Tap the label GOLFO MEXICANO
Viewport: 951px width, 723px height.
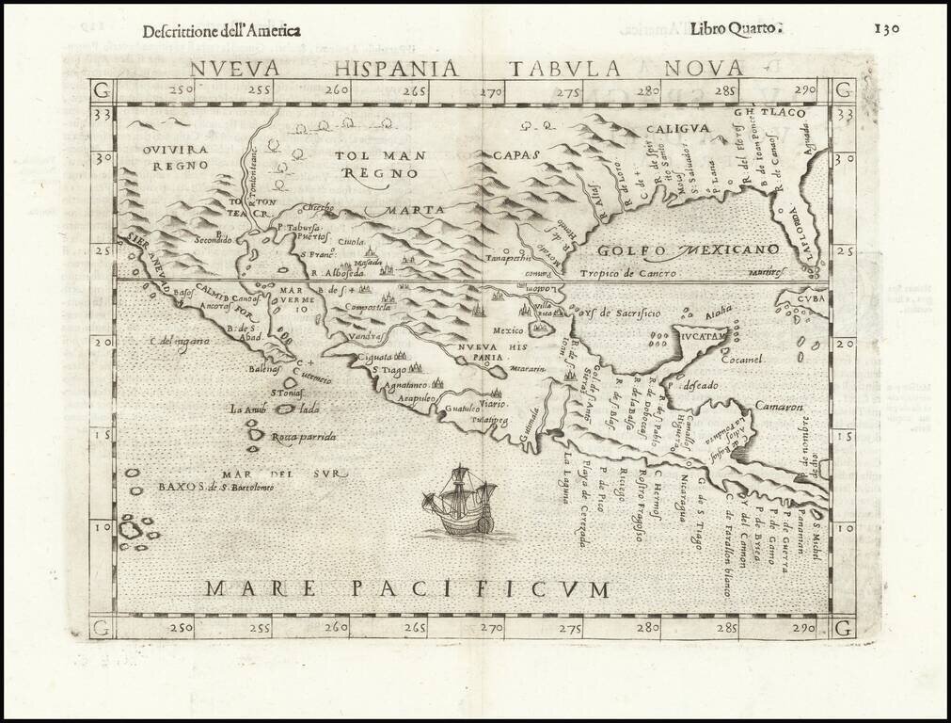(688, 249)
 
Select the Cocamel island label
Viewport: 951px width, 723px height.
(743, 359)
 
